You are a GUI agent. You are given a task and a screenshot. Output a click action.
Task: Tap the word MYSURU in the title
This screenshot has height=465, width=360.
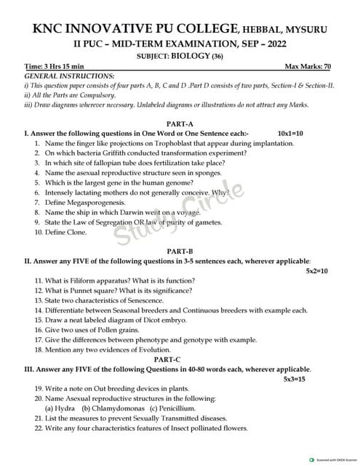[305, 30]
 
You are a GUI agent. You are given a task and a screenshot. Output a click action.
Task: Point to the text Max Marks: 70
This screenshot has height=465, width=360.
[308, 66]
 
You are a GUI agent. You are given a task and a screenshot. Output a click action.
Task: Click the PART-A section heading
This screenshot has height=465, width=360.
[180, 124]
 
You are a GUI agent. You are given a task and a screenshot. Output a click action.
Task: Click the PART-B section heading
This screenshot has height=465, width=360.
[180, 250]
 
